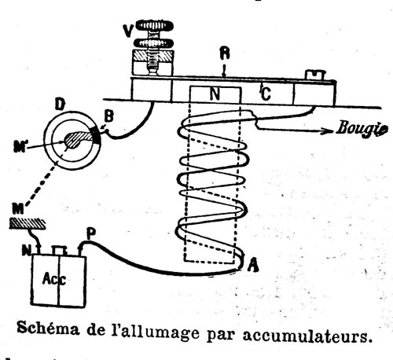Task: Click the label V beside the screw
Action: point(129,31)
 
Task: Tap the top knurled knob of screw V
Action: point(155,25)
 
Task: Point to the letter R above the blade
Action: point(225,53)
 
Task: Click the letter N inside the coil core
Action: point(215,94)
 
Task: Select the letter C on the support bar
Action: point(266,94)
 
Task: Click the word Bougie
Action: point(362,129)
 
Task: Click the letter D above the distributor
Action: point(60,105)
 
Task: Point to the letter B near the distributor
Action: point(108,117)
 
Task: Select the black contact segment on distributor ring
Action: point(96,136)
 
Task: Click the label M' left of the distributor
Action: point(20,147)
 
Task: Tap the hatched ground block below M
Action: point(28,224)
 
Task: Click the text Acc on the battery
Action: point(54,279)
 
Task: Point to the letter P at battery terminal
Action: point(91,234)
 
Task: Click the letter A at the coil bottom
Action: point(253,265)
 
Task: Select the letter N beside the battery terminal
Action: point(26,251)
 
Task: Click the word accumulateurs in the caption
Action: point(307,335)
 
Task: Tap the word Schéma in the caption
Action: point(48,328)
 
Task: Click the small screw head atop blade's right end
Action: point(315,75)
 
